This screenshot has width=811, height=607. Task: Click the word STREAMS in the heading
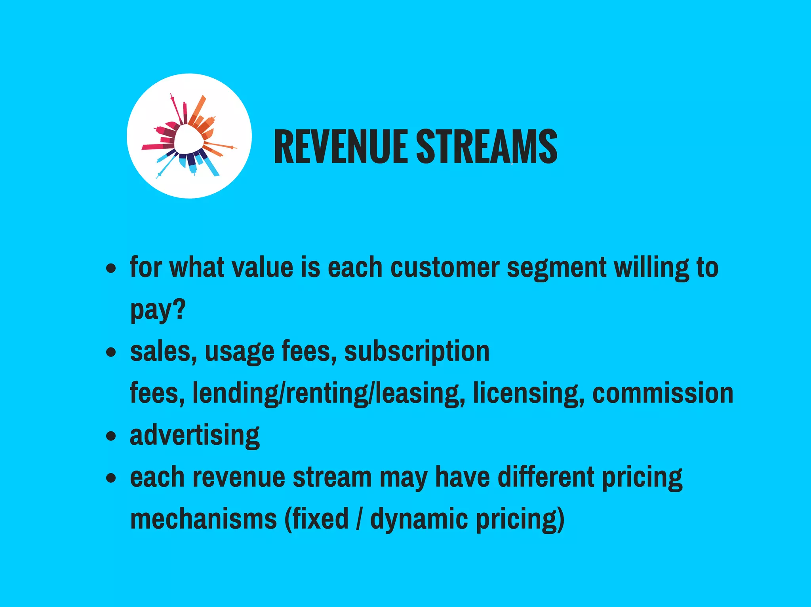coord(486,146)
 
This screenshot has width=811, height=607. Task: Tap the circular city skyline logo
coord(189,136)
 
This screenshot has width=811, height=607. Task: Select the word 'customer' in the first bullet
coord(445,268)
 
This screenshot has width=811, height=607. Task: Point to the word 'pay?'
coord(158,311)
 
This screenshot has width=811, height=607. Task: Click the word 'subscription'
coord(417,352)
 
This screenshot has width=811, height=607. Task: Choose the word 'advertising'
coord(195,436)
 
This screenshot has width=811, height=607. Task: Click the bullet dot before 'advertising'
coord(111,436)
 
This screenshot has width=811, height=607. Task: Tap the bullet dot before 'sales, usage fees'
coord(111,352)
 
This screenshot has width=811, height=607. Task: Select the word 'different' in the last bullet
coord(546,477)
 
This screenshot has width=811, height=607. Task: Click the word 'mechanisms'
coord(204,519)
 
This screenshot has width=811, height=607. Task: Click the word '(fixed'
coord(316,519)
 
